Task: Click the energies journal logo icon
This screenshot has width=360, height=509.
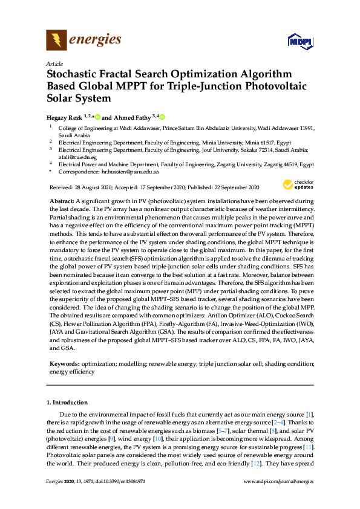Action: pos(56,41)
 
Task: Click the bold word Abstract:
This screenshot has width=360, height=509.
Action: pos(61,199)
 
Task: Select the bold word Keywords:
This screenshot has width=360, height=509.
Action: pos(64,364)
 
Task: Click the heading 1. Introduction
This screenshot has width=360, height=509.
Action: pos(67,402)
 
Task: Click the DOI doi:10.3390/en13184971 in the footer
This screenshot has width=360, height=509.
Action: pos(120,481)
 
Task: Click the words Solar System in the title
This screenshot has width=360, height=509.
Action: pos(79,98)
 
